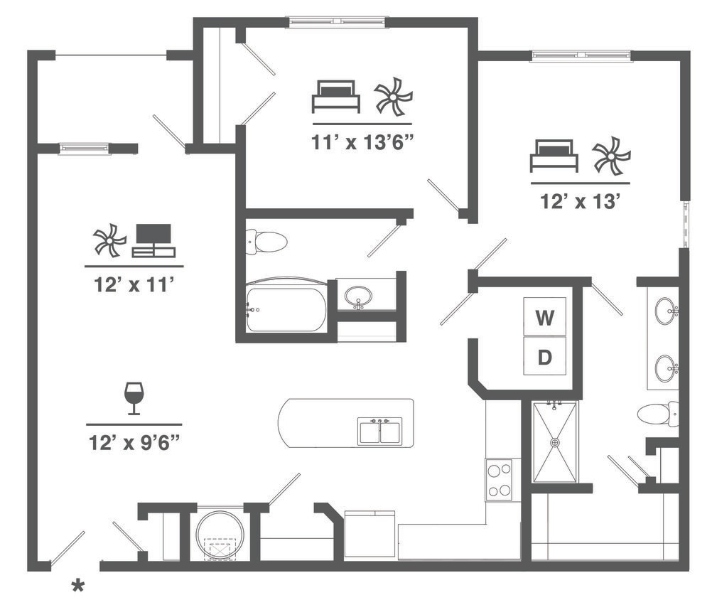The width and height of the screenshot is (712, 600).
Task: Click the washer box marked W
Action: tap(544, 317)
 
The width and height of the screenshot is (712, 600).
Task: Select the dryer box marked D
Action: tap(544, 356)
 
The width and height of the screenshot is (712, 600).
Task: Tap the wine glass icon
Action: tap(134, 398)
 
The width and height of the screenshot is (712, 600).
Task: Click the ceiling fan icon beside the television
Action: tap(109, 240)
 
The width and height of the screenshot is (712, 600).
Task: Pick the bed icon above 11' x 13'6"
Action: tap(335, 97)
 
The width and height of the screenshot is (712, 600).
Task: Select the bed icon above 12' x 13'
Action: tap(554, 156)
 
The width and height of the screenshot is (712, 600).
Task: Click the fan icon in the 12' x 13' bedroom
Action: tap(612, 156)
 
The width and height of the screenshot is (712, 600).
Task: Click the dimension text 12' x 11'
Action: tap(134, 284)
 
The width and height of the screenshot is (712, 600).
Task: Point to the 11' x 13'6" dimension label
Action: tap(362, 141)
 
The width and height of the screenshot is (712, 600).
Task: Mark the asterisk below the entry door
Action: tap(77, 586)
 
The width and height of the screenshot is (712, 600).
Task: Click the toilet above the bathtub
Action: tap(266, 242)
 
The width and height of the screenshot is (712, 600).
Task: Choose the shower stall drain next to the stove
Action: tap(555, 442)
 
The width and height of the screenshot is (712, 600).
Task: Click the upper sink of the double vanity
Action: tap(666, 311)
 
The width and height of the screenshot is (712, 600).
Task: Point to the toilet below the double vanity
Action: tap(657, 414)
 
